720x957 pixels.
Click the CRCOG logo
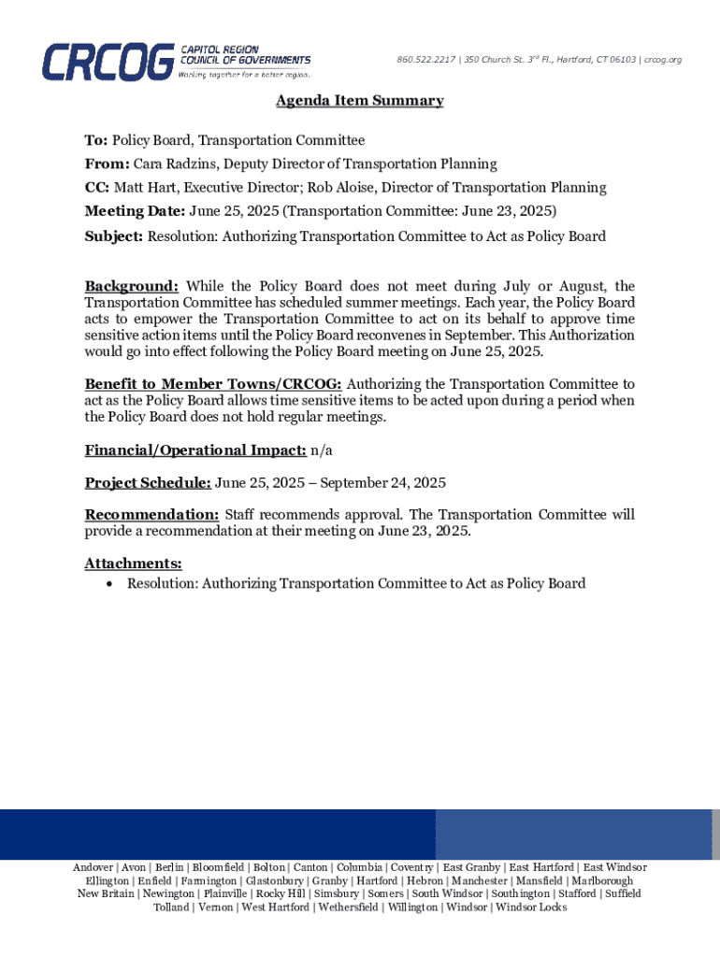coord(176,61)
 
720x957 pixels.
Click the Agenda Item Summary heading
coord(359,101)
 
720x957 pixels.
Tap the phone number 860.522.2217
coord(426,61)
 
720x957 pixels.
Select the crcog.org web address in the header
coord(663,61)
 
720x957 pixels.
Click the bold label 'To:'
coord(96,140)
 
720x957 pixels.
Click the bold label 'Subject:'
coord(113,236)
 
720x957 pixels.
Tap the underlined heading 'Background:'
coord(132,286)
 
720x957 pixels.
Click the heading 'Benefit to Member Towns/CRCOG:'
coord(213,384)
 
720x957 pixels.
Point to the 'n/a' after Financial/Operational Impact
coord(322,450)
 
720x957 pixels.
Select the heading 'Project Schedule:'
coord(148,483)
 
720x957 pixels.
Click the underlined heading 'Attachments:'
coord(133,564)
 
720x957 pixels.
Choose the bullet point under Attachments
coord(111,584)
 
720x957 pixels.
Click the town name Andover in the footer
coord(94,867)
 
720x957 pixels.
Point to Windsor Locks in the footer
coord(531,907)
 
